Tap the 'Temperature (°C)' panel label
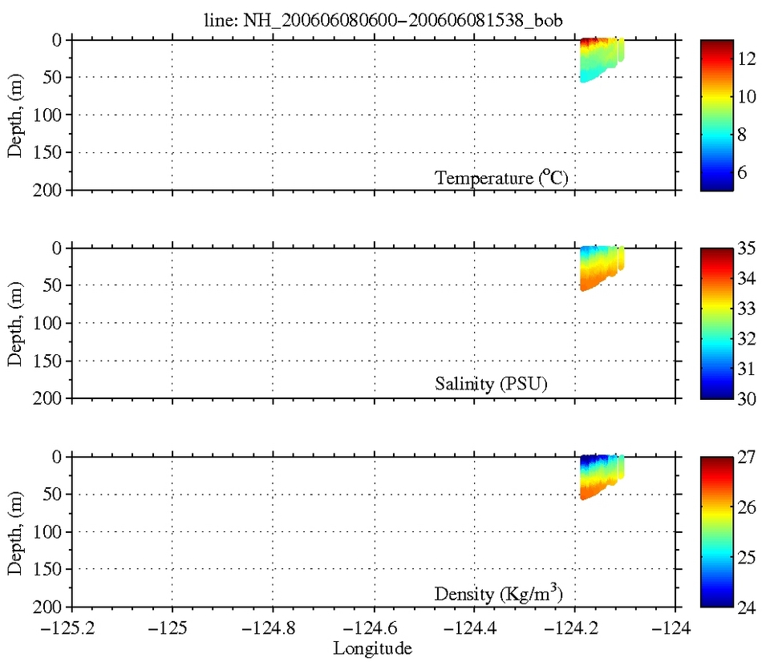502,178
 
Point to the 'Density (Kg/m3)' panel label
502,594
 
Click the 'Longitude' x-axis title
374,648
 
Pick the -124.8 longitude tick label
273,628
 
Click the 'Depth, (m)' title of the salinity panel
15,323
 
